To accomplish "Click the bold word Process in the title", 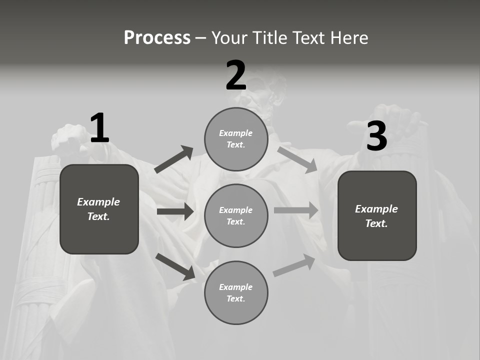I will click(157, 38).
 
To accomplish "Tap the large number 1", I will click(99, 128).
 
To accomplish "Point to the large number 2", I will click(236, 75).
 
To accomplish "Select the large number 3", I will click(376, 136).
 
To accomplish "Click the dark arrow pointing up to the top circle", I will click(174, 159).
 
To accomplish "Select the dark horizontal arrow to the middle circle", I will click(175, 211).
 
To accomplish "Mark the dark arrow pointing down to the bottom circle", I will click(175, 266).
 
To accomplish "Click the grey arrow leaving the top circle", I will click(297, 159).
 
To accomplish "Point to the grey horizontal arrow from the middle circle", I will click(296, 210).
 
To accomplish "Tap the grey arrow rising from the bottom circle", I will click(294, 265).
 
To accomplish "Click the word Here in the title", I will click(348, 38).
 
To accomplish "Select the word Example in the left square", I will click(98, 202).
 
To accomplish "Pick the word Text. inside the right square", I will click(376, 223).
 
